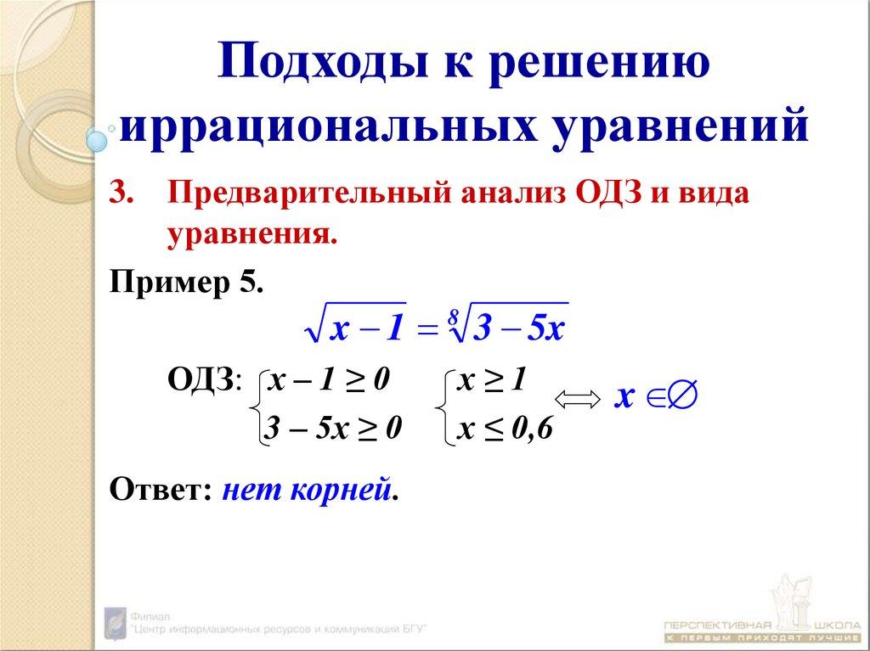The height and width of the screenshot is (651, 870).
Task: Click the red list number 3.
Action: click(121, 193)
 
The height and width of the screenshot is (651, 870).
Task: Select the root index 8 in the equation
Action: click(454, 316)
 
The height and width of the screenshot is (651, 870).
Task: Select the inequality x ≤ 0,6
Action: click(505, 430)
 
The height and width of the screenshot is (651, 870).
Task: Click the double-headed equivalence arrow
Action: click(577, 399)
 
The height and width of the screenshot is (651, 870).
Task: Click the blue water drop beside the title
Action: click(97, 141)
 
